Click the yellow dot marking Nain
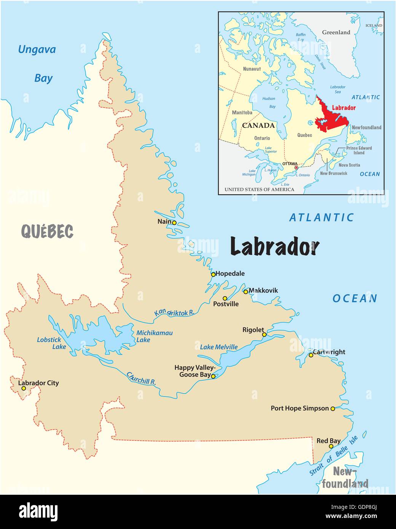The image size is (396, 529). click(x=174, y=223)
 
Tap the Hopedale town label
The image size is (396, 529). click(x=230, y=274)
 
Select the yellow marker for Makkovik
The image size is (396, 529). click(x=246, y=292)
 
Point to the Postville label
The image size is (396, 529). click(x=226, y=304)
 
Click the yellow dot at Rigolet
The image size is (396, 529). click(x=264, y=334)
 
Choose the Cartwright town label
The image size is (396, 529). click(x=329, y=352)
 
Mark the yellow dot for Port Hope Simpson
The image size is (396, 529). click(x=332, y=409)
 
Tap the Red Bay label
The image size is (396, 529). click(x=329, y=441)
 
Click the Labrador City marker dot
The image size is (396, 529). click(x=24, y=388)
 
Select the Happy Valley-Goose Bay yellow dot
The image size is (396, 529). click(x=213, y=376)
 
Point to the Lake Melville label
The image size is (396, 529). click(x=219, y=347)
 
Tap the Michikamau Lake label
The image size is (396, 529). click(x=154, y=336)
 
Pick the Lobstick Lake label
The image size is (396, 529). click(x=51, y=343)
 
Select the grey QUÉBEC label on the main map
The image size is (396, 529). click(x=47, y=231)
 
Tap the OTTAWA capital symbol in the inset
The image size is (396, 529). click(x=296, y=167)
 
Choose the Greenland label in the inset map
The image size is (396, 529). click(x=336, y=32)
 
